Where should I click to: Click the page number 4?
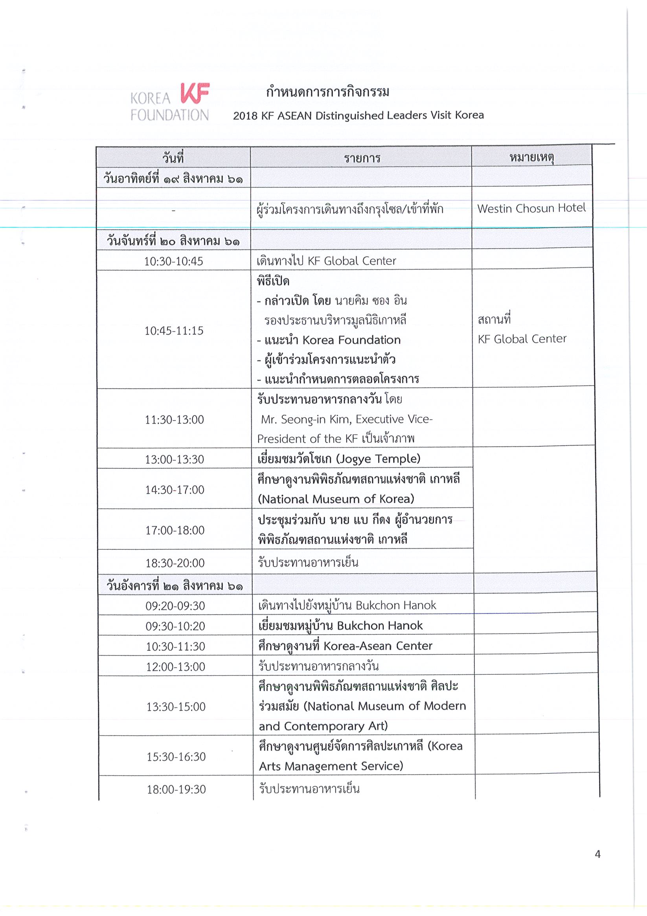click(597, 854)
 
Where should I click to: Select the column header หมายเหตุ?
click(531, 158)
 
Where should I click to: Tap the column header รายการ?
click(362, 158)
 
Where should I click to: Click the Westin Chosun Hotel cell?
click(531, 208)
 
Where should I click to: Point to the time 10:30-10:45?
click(174, 261)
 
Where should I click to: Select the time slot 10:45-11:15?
click(174, 331)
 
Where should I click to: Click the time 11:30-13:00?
click(175, 420)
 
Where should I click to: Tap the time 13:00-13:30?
click(175, 460)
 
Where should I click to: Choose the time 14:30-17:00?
click(175, 490)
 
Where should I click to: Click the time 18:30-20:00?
click(175, 564)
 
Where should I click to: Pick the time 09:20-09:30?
click(175, 606)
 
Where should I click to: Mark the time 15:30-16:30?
click(176, 757)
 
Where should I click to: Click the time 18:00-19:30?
click(176, 789)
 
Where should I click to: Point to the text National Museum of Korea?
click(336, 499)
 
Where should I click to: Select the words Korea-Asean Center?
click(378, 646)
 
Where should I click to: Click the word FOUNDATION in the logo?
click(170, 115)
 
